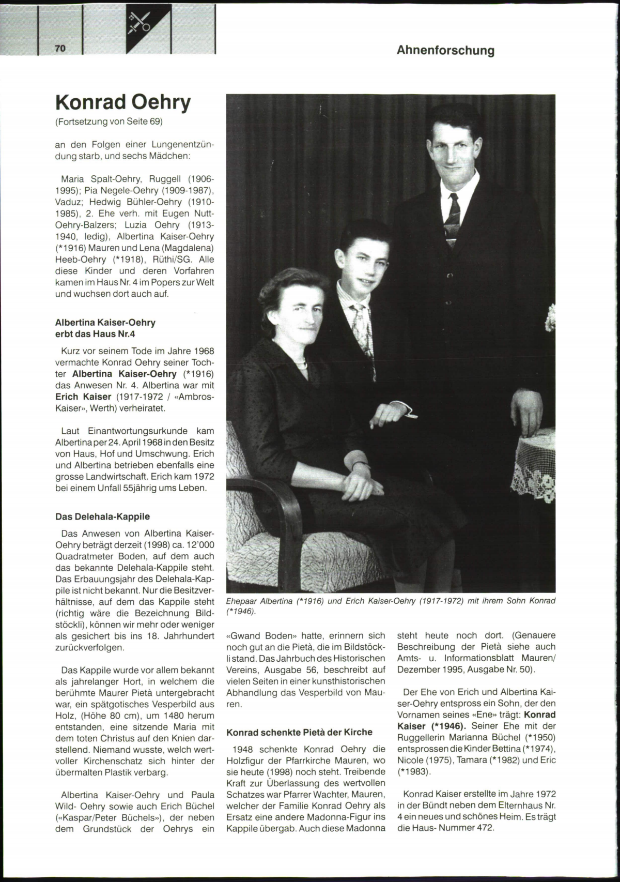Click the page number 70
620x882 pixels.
coord(60,48)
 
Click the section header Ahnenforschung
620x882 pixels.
coord(445,51)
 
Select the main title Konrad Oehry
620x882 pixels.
coord(123,102)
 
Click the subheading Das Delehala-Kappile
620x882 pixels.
coord(102,516)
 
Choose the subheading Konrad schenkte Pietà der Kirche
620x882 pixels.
coord(299,732)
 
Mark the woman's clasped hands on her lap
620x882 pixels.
coord(362,481)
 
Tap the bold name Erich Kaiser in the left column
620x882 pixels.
coord(83,397)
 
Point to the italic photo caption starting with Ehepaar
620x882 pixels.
coord(391,605)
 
